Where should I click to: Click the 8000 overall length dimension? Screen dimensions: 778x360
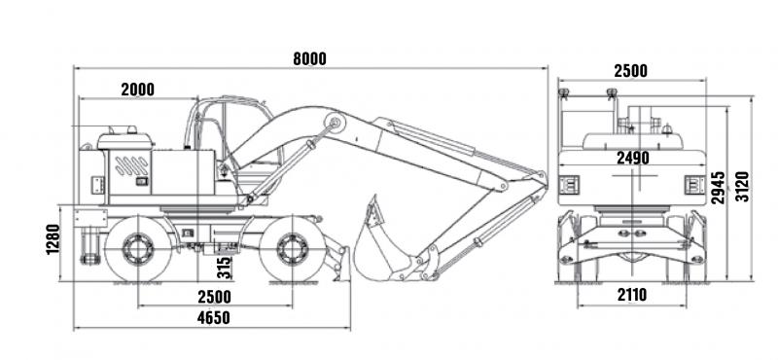click(309, 58)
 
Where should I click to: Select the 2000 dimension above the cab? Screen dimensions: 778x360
click(137, 90)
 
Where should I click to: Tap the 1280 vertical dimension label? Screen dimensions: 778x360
click(53, 239)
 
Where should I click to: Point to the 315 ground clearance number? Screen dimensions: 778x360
click(225, 268)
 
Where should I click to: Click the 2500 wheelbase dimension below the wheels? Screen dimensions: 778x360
click(214, 297)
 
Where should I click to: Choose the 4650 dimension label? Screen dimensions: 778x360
click(213, 318)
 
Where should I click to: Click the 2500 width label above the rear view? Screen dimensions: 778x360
click(630, 71)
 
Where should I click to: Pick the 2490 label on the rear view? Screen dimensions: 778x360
click(633, 158)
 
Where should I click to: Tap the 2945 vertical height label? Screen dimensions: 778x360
click(718, 188)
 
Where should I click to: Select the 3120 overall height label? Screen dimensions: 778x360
click(742, 186)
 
